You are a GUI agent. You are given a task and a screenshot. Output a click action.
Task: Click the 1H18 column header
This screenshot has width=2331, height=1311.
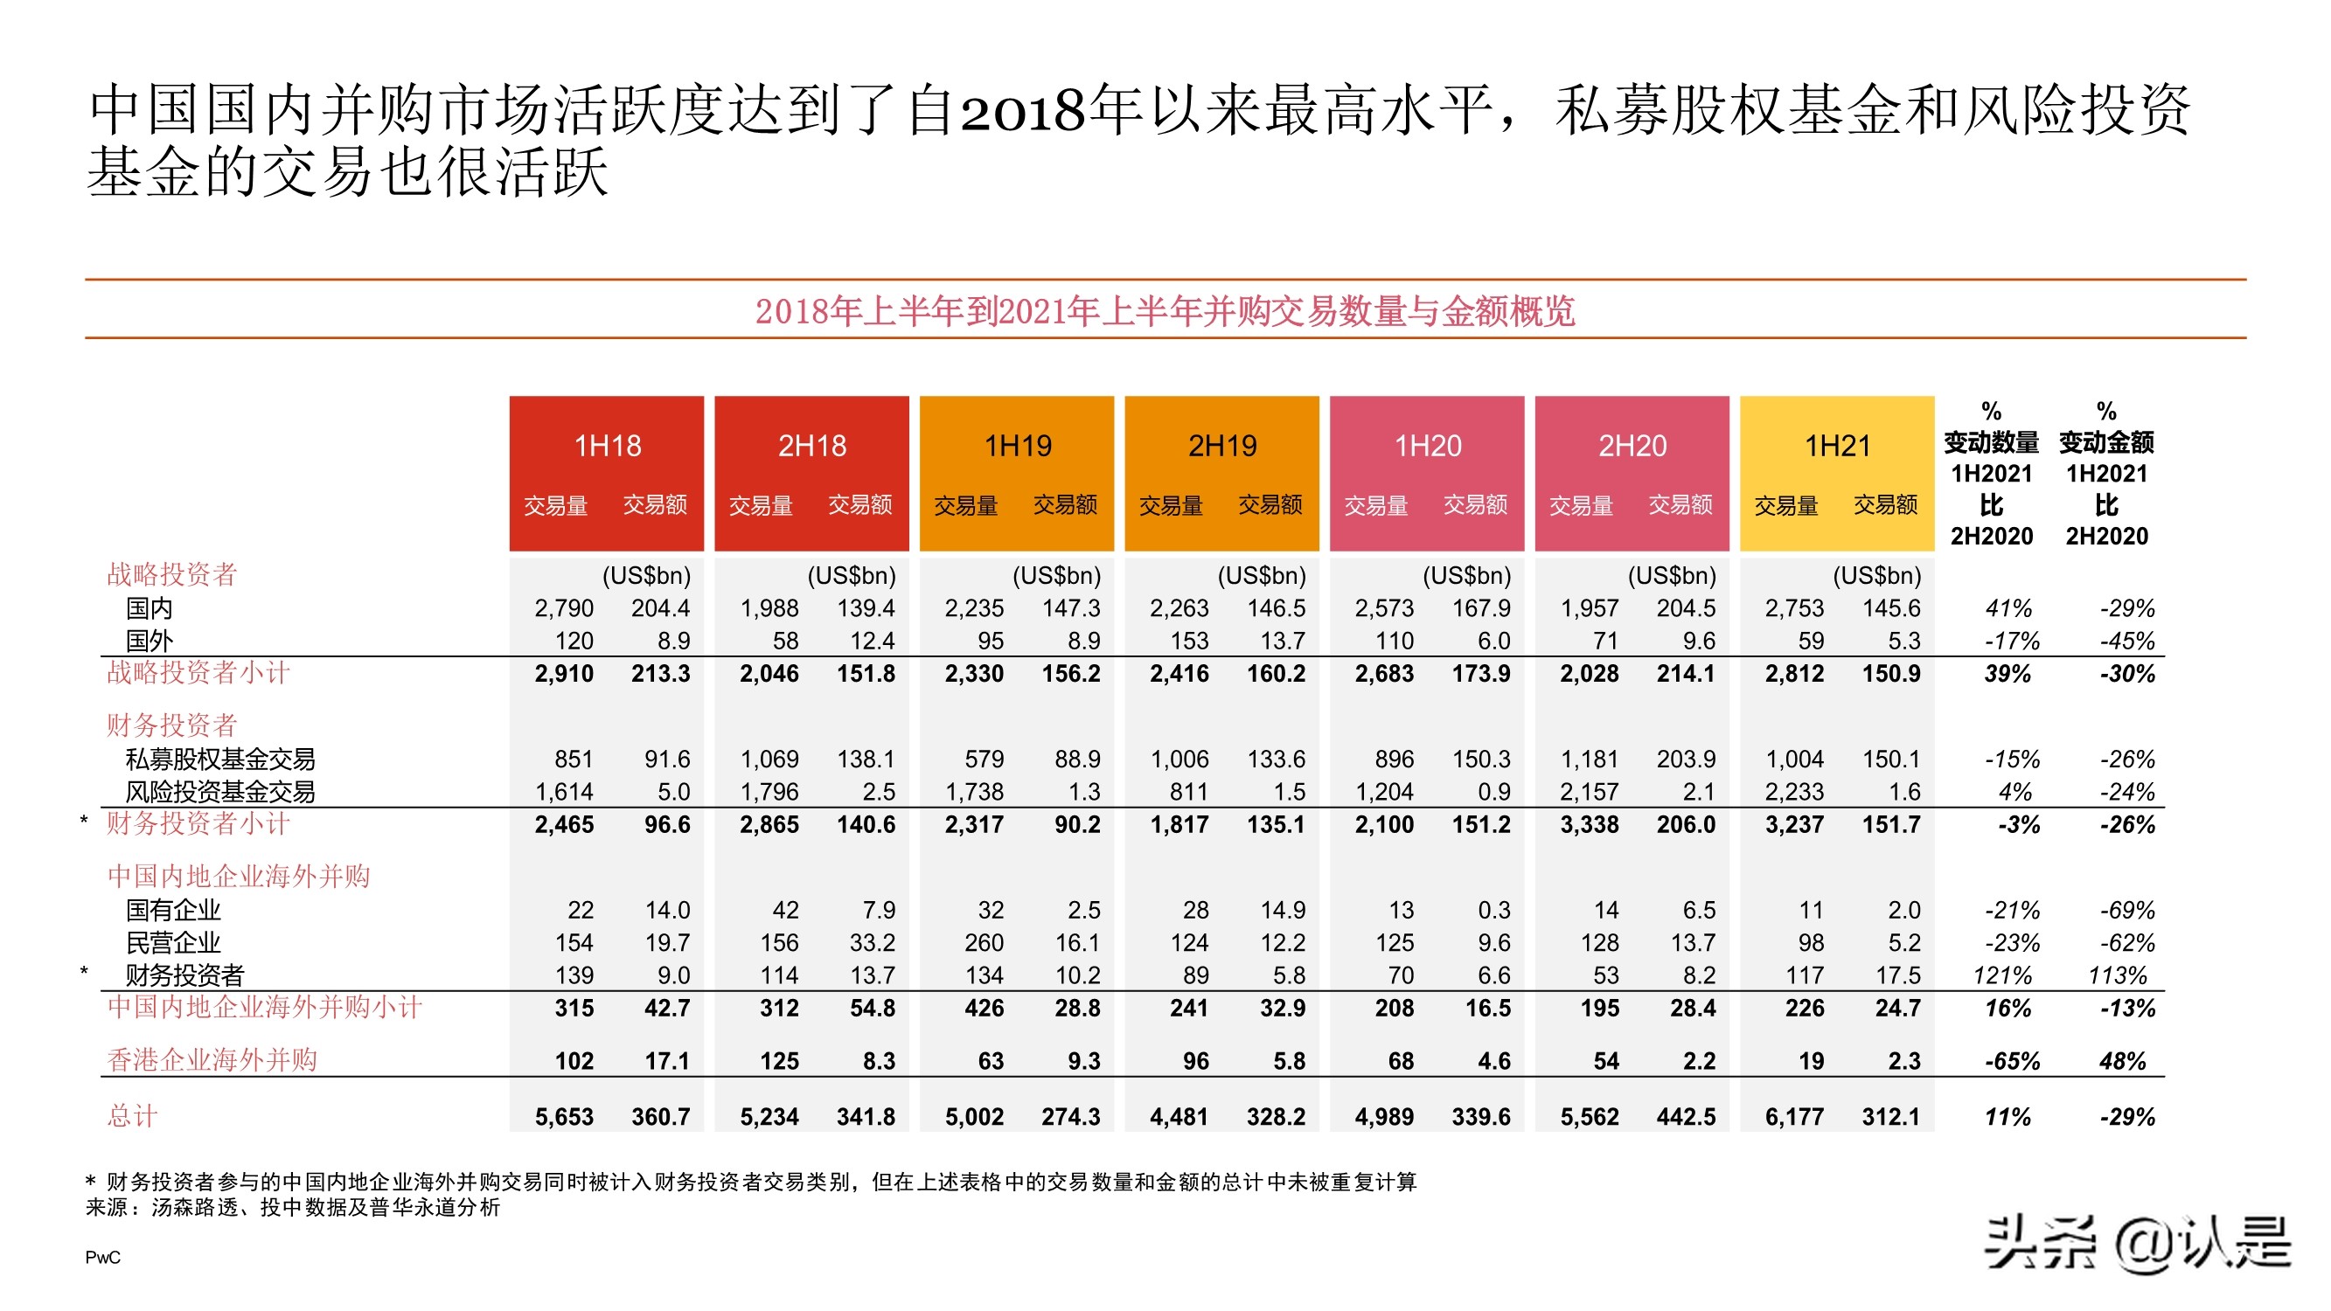coord(607,445)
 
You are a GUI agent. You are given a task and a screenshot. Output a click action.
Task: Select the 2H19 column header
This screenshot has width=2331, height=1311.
coord(1221,445)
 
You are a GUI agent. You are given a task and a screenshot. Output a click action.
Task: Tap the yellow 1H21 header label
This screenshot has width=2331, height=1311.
coord(1837,445)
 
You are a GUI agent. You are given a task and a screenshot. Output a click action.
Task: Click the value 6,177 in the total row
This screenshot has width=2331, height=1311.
coord(1794,1116)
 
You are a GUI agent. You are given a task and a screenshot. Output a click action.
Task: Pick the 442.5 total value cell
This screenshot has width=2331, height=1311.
coord(1685,1116)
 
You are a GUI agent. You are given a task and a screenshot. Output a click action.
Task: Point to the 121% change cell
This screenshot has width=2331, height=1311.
coord(2001,975)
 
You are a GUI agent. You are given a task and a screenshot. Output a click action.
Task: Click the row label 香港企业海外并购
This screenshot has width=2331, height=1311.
coord(212,1059)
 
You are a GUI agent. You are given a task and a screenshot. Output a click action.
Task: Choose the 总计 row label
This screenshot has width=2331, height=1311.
coord(132,1115)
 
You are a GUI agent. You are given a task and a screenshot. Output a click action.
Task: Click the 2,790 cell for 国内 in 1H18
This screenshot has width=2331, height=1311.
coord(564,608)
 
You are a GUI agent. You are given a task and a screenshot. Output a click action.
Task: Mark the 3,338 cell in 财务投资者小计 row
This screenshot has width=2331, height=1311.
coord(1589,824)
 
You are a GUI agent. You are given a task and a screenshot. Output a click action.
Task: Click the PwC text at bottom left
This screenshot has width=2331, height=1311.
coord(102,1257)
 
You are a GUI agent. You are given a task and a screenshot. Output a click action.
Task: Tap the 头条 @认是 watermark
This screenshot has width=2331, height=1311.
coord(2138,1245)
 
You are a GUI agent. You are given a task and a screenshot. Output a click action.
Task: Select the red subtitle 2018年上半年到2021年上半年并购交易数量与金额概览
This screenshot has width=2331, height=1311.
coord(1165,311)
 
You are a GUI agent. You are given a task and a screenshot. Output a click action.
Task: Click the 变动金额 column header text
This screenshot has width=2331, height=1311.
coord(2105,442)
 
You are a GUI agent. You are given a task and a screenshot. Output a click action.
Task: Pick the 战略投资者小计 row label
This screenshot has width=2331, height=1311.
coord(198,672)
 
